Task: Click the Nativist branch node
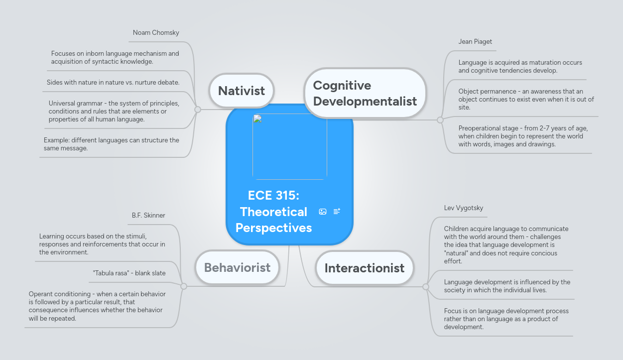point(242,91)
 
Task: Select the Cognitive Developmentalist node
point(365,93)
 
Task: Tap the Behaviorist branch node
point(237,267)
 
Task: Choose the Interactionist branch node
point(364,268)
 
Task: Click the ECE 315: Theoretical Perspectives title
point(273,211)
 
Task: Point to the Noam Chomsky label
point(156,33)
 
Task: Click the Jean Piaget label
point(475,41)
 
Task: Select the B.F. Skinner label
point(148,216)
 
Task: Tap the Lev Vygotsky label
point(464,208)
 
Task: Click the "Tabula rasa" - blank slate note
point(129,273)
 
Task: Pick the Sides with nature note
point(113,82)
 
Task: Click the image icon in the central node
point(323,212)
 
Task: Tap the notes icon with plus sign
point(337,212)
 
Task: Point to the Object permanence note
point(526,99)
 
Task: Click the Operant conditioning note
point(97,306)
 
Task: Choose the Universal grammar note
point(114,111)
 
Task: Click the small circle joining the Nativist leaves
point(198,110)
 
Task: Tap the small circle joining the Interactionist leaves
point(426,287)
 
